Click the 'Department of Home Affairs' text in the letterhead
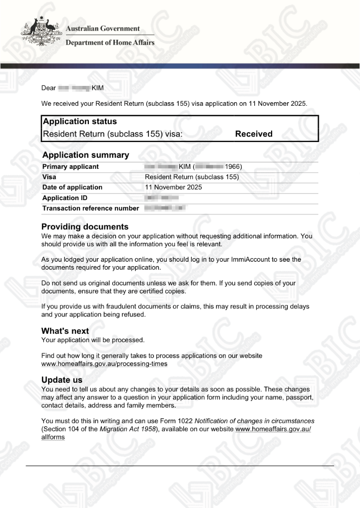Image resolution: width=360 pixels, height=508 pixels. (x=110, y=43)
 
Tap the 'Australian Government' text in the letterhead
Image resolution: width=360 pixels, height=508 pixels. (x=103, y=29)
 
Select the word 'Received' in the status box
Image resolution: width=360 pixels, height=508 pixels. (x=254, y=134)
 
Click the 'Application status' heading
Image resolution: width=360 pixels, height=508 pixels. (x=80, y=121)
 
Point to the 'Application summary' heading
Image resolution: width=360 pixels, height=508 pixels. (x=85, y=155)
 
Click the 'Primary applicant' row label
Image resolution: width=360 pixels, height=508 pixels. (x=71, y=167)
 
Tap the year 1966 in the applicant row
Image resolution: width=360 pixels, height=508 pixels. (x=232, y=167)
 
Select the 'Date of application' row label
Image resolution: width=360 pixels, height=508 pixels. (x=72, y=187)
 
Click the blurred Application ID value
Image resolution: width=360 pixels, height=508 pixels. (x=161, y=198)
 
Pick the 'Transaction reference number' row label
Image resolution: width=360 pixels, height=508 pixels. (x=91, y=209)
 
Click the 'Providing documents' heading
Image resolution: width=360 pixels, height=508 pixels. (x=85, y=227)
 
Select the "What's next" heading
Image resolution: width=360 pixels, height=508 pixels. (x=65, y=331)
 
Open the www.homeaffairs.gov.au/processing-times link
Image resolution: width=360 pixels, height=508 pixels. (x=104, y=364)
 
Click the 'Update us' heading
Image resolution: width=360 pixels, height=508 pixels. (x=62, y=380)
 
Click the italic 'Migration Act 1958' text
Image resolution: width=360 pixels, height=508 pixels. (x=128, y=429)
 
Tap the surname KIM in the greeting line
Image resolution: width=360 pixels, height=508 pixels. (x=98, y=88)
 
